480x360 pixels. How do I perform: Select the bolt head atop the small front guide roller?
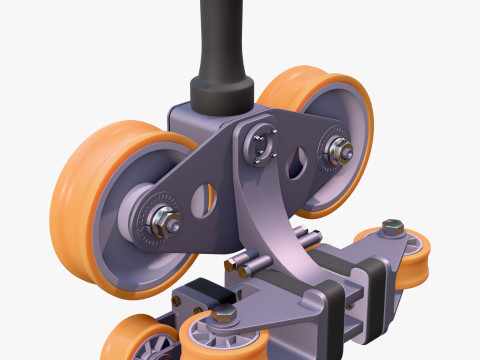pos(223,315)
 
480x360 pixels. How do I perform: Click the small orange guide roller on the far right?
pos(414,262)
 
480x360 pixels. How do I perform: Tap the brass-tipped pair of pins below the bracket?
pos(245,264)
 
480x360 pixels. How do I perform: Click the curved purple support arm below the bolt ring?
pos(265,215)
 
